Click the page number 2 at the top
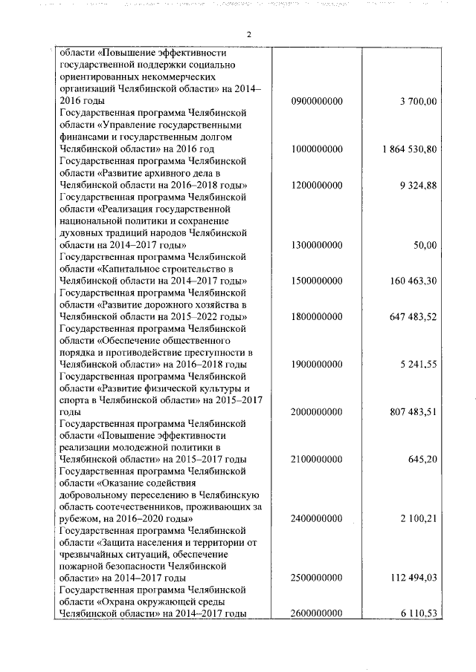(x=248, y=34)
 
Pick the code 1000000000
(x=318, y=149)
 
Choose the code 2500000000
(x=318, y=577)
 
